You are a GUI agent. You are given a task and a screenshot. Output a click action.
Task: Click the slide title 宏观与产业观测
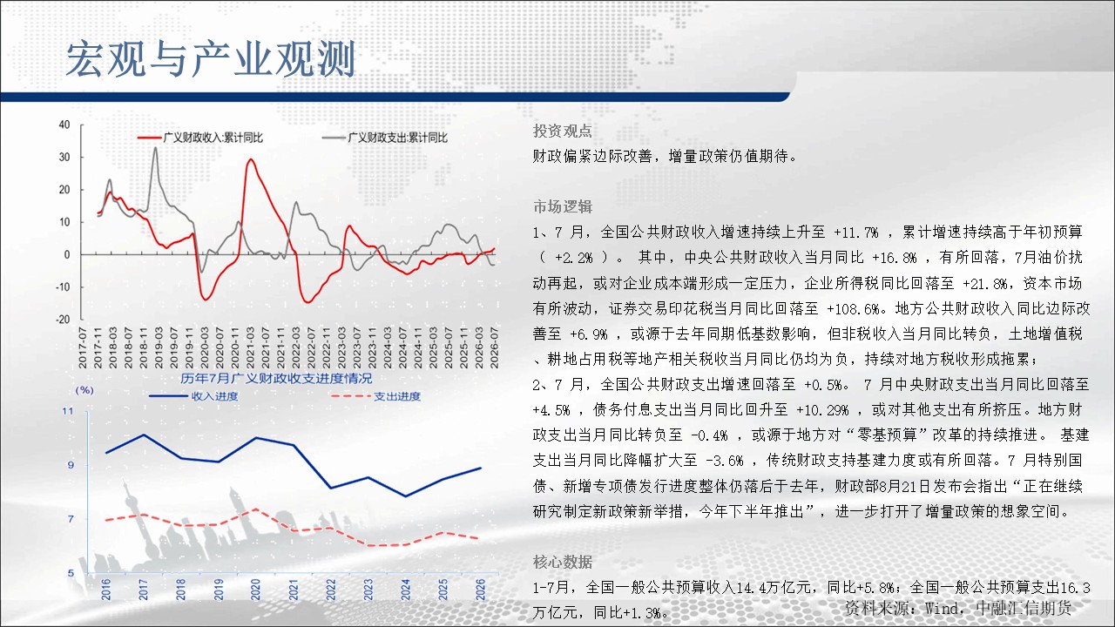pyautogui.click(x=211, y=58)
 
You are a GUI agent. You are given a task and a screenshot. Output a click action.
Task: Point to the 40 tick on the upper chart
pyautogui.click(x=64, y=125)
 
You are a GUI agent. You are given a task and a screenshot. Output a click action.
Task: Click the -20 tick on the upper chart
pyautogui.click(x=63, y=320)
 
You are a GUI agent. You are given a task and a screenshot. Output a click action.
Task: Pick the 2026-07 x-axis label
pyautogui.click(x=494, y=347)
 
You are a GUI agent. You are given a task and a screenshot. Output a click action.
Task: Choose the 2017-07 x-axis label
pyautogui.click(x=83, y=347)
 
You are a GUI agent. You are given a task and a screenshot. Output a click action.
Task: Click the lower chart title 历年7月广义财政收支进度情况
pyautogui.click(x=276, y=379)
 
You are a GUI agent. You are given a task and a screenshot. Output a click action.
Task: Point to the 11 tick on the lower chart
pyautogui.click(x=68, y=411)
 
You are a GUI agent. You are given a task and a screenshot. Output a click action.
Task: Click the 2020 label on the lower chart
pyautogui.click(x=255, y=590)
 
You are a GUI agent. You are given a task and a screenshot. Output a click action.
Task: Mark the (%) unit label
pyautogui.click(x=84, y=390)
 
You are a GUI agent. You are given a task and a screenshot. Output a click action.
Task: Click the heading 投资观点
pyautogui.click(x=563, y=131)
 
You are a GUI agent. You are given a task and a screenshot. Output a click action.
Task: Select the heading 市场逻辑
pyautogui.click(x=563, y=206)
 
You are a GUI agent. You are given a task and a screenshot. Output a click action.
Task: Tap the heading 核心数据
pyautogui.click(x=563, y=562)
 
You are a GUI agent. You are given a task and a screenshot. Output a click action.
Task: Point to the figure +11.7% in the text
pyautogui.click(x=856, y=233)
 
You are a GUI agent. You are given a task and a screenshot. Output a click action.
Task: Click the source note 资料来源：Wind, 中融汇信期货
pyautogui.click(x=957, y=608)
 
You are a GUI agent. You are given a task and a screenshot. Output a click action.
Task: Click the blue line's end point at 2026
pyautogui.click(x=481, y=468)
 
